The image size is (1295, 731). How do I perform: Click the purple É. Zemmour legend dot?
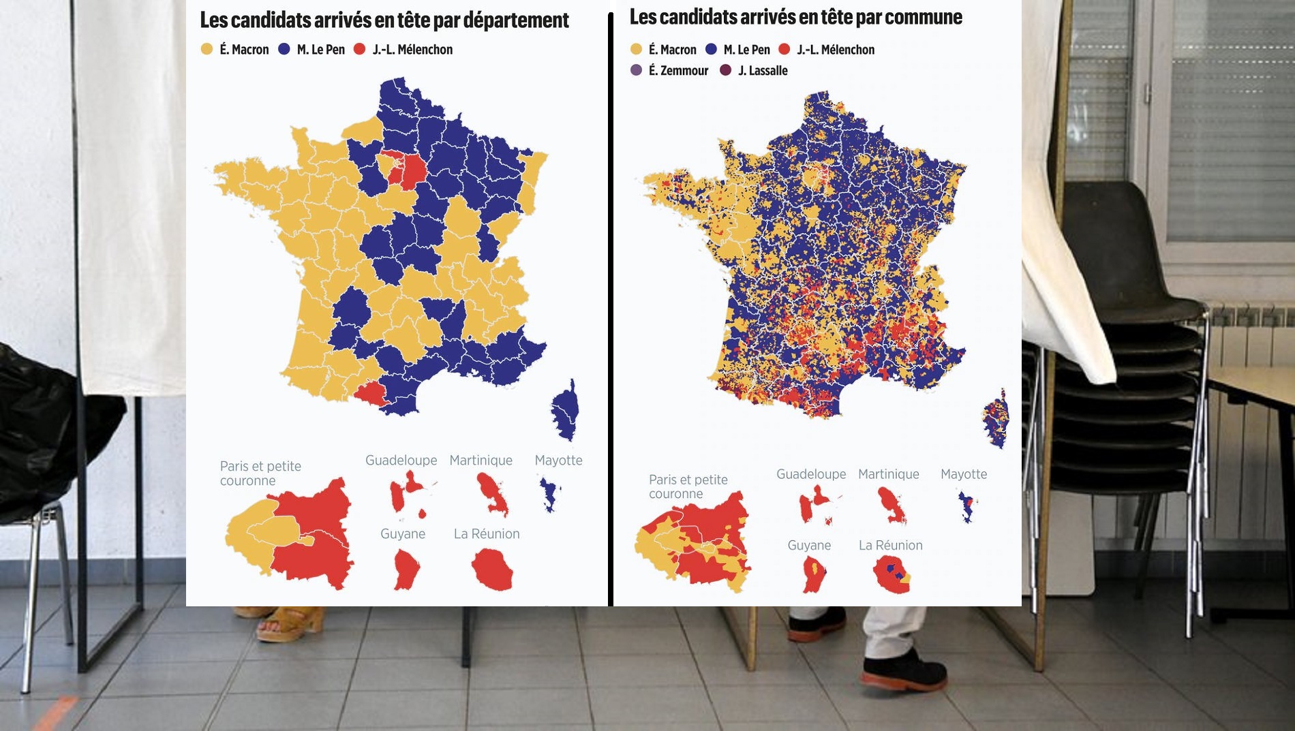636,70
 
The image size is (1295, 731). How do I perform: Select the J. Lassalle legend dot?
725,70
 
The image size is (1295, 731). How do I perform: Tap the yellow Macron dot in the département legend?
207,49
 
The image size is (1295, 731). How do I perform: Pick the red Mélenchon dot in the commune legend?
784,49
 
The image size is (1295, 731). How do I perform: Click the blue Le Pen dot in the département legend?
284,49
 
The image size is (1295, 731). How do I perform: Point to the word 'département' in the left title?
516,20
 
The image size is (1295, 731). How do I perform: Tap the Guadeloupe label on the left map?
401,461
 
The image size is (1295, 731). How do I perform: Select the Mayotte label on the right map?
963,474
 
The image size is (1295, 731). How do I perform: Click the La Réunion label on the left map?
487,534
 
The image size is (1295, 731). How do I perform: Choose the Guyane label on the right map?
809,546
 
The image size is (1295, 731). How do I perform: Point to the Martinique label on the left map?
481,461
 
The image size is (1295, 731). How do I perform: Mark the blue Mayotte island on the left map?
548,494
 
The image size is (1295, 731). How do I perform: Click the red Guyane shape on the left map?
406,570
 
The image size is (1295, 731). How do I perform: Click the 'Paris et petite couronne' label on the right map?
688,486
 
